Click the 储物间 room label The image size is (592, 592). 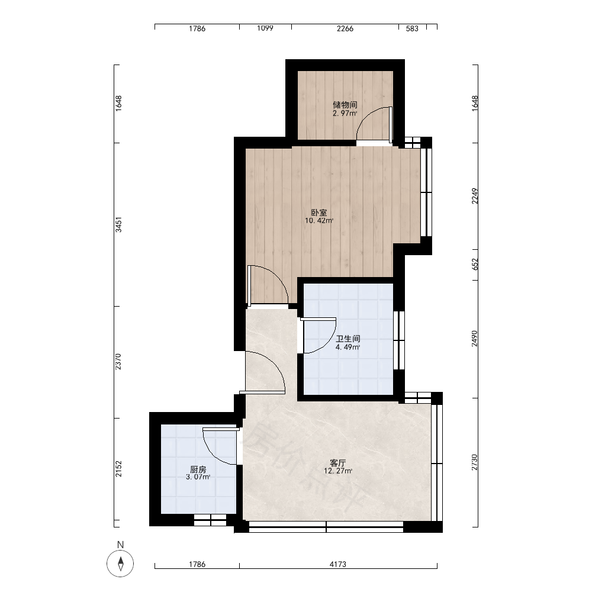[x=345, y=105]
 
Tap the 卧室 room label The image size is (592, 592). [x=319, y=213]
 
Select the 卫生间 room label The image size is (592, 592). [x=348, y=339]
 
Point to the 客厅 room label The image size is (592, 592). [x=338, y=463]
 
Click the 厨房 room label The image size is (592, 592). [x=198, y=469]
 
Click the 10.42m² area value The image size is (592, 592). [x=319, y=221]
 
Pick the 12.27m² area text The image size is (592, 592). [x=338, y=471]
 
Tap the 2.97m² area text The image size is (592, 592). [x=345, y=113]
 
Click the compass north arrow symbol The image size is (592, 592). [x=120, y=564]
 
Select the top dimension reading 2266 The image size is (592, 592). [x=345, y=28]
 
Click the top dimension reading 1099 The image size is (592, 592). [x=265, y=28]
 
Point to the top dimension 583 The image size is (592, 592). [x=412, y=28]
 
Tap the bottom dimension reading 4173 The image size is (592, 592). [x=338, y=564]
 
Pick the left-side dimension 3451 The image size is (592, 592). [x=118, y=224]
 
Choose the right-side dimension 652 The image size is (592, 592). [x=475, y=264]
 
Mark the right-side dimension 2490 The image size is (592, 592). [x=475, y=338]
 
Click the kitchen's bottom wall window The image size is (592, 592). [x=210, y=520]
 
